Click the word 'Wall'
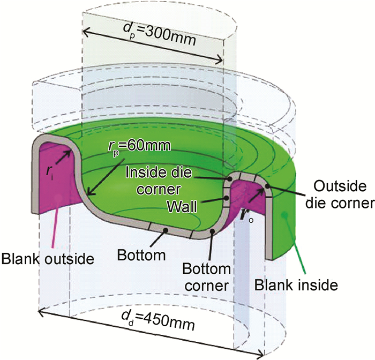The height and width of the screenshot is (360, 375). point(196,206)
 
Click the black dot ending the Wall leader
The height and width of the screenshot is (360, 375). point(229,200)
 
